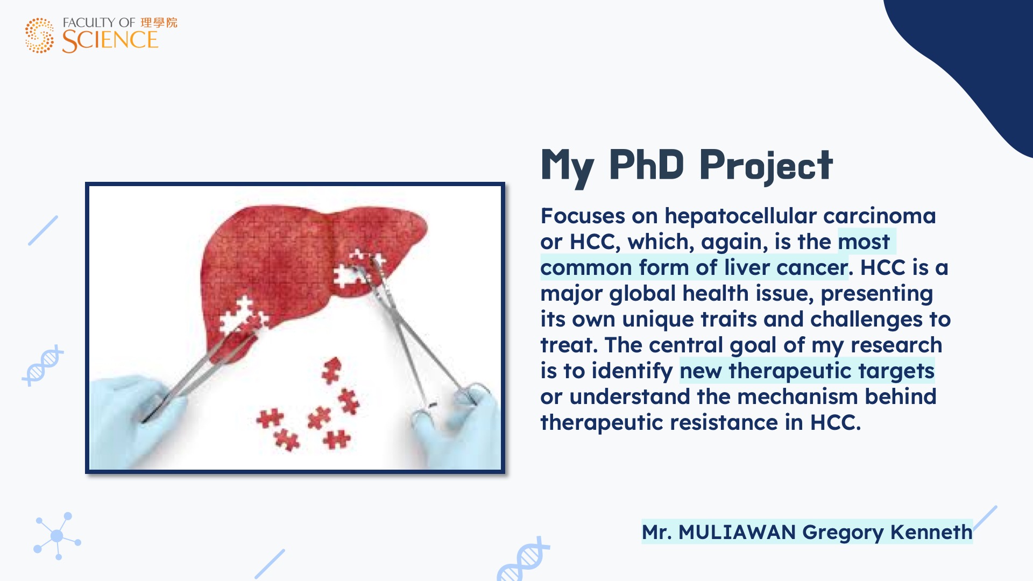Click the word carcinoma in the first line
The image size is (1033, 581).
point(880,216)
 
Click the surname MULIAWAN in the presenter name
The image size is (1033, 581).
point(737,532)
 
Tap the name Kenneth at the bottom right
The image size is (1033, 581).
point(931,532)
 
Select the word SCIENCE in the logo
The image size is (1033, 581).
point(110,40)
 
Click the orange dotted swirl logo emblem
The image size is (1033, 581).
point(39,36)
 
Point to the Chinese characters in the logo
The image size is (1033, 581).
point(159,23)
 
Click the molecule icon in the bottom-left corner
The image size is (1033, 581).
point(57,536)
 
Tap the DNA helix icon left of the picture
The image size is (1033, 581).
point(43,366)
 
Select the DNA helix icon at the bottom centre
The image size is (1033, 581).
point(523,559)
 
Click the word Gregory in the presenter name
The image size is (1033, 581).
point(843,533)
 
